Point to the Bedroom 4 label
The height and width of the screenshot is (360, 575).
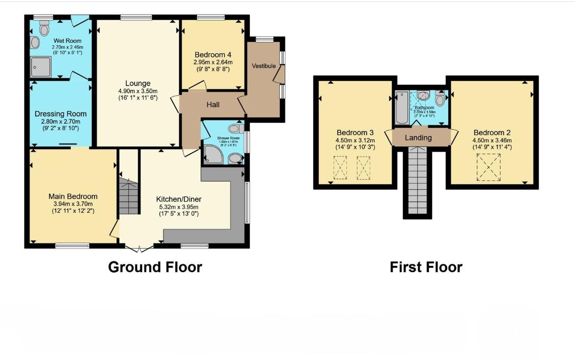tap(213, 55)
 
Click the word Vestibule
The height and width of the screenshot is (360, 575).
tap(264, 66)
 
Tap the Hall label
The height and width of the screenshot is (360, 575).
tap(213, 104)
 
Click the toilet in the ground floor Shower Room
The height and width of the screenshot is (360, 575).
tap(235, 129)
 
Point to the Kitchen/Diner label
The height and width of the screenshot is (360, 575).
tap(179, 199)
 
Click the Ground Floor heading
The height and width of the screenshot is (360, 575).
tap(155, 267)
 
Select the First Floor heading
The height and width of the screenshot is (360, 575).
tap(426, 267)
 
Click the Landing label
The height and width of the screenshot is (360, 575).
tap(418, 138)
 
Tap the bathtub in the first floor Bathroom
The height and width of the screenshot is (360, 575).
tap(402, 107)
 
